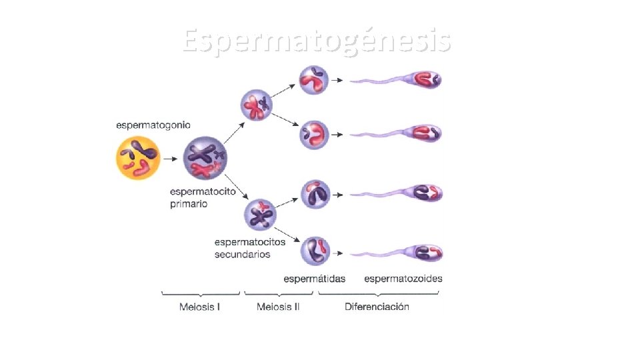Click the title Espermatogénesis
(x=317, y=41)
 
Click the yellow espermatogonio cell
(x=139, y=158)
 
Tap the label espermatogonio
(x=153, y=125)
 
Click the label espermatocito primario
(x=203, y=197)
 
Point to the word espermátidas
(x=315, y=279)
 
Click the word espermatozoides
(x=403, y=279)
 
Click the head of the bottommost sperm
(x=426, y=253)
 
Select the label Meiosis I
(x=200, y=307)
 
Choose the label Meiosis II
(x=278, y=307)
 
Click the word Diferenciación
(x=377, y=307)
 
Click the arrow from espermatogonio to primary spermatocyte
(x=172, y=159)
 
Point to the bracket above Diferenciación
(x=377, y=294)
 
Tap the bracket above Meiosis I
(x=200, y=294)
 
